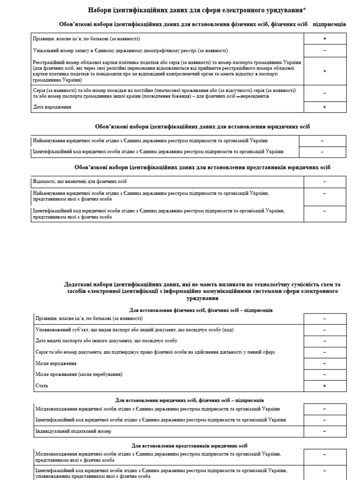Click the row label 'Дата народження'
pyautogui.click(x=52, y=107)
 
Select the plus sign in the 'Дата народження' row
pyautogui.click(x=324, y=107)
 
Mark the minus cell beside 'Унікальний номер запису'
pyautogui.click(x=324, y=51)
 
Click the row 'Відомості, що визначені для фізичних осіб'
pyautogui.click(x=80, y=181)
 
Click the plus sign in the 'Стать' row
pyautogui.click(x=324, y=385)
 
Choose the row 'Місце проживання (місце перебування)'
pyautogui.click(x=79, y=375)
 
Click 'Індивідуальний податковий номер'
pyautogui.click(x=74, y=431)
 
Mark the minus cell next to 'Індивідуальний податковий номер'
pyautogui.click(x=324, y=431)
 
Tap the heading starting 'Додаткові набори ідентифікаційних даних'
pyautogui.click(x=202, y=285)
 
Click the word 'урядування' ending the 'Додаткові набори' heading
pyautogui.click(x=202, y=298)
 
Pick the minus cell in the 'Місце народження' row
pyautogui.click(x=324, y=363)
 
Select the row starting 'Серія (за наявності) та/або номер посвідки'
pyautogui.click(x=164, y=93)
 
